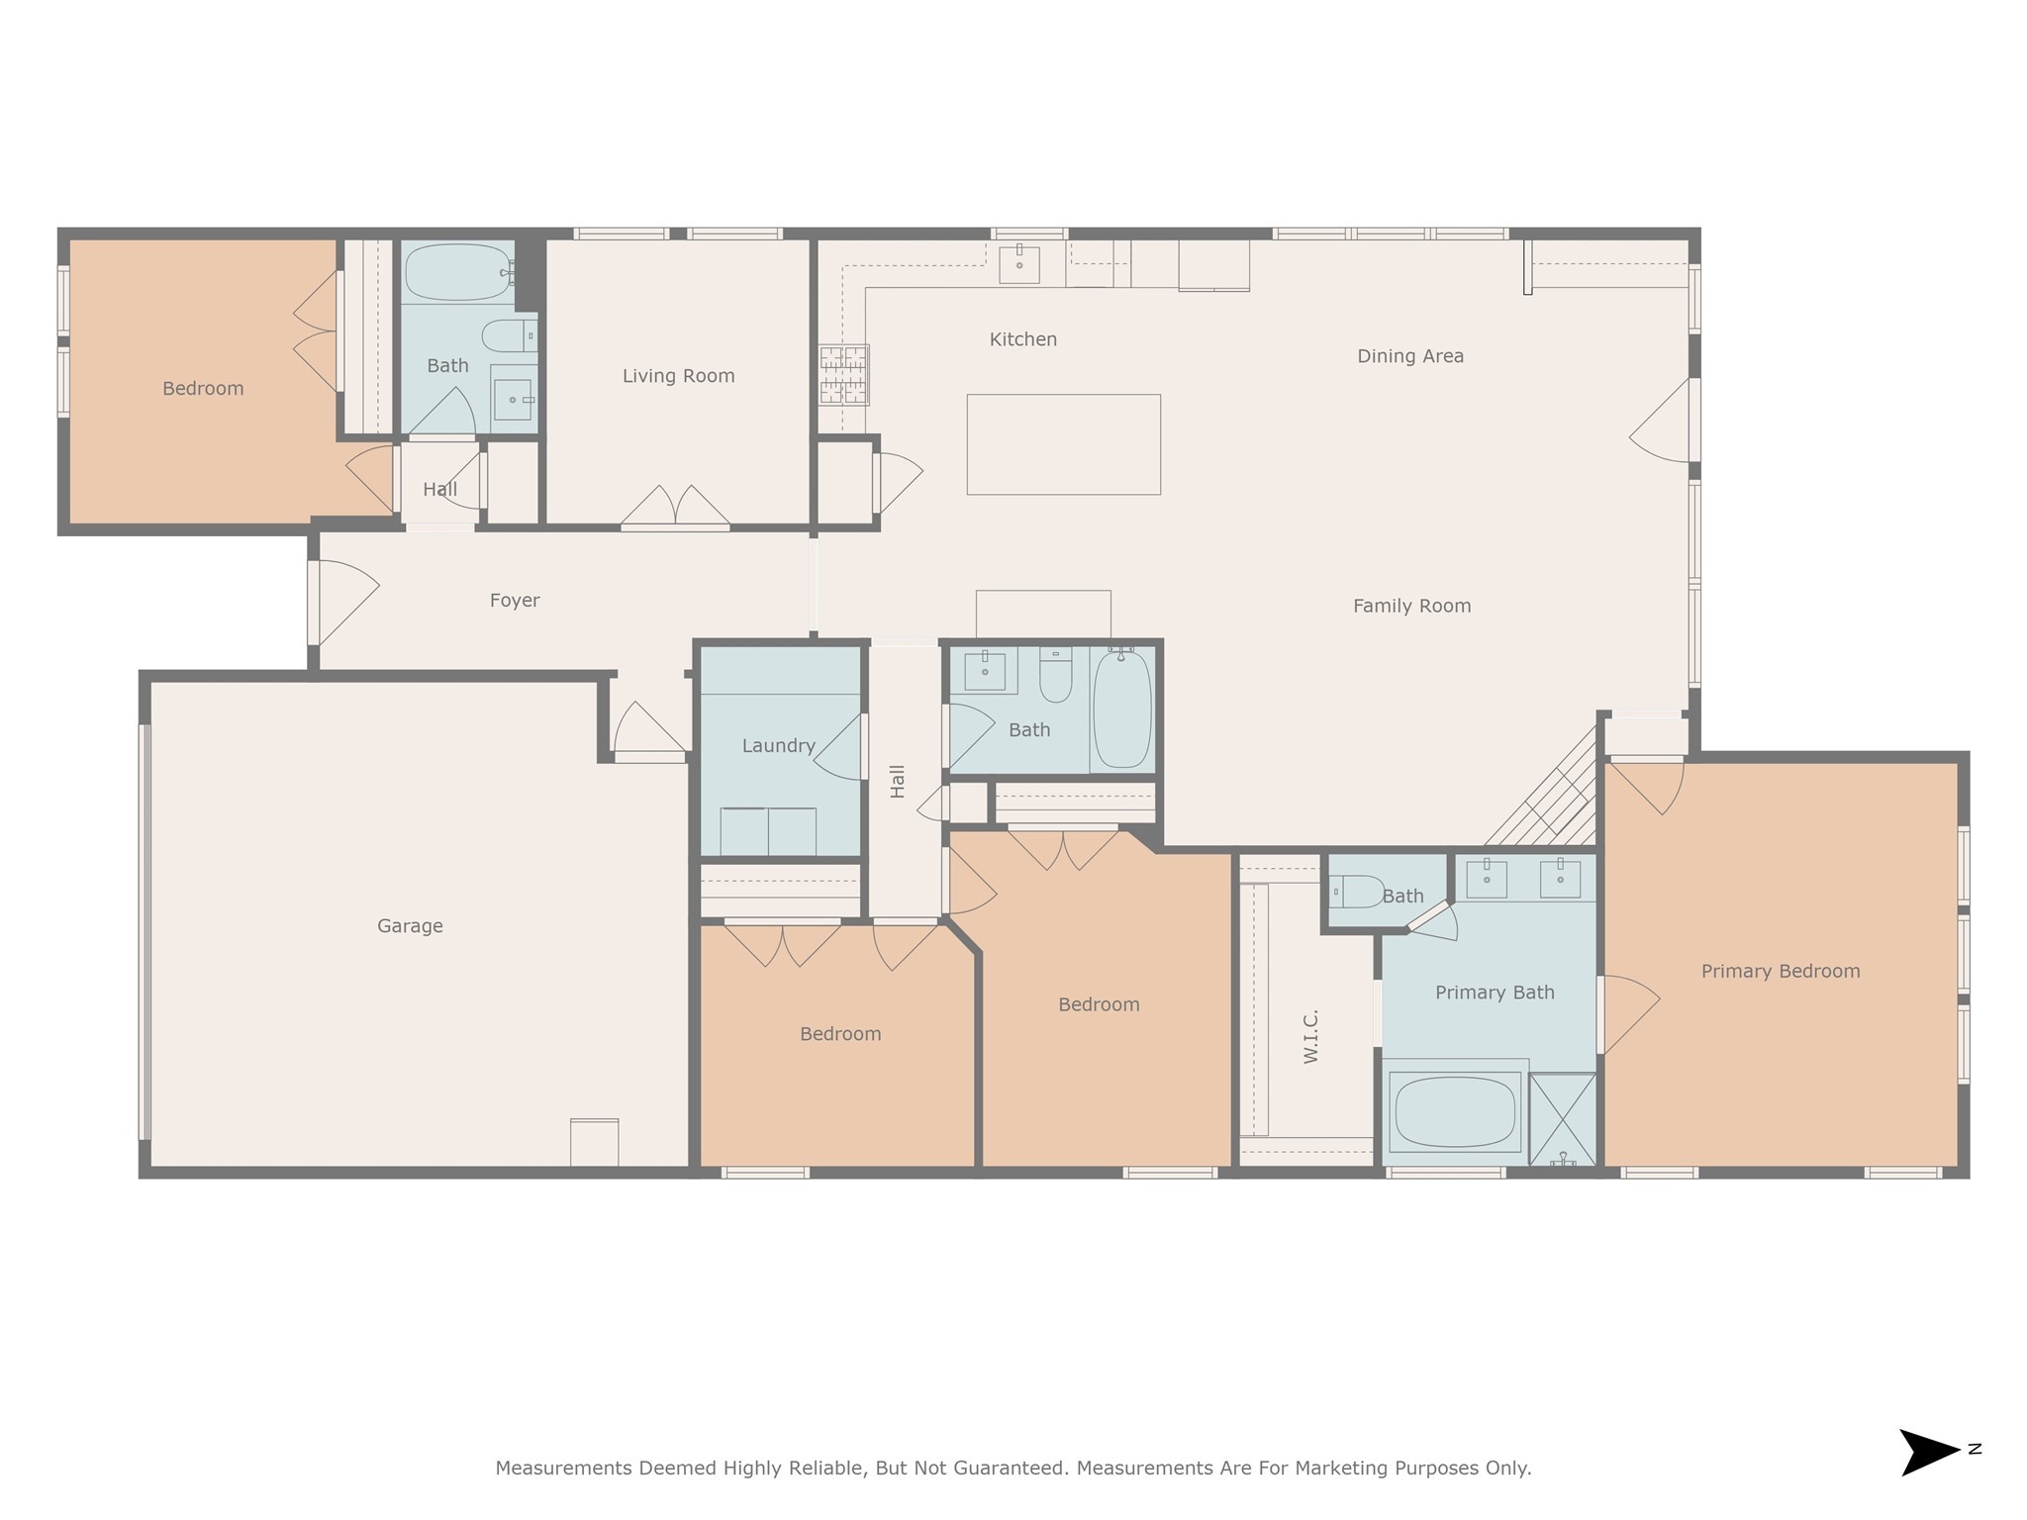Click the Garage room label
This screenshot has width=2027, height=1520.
[x=410, y=926]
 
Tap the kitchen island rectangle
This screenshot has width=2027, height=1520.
[x=1063, y=444]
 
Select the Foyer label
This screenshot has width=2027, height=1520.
[x=515, y=601]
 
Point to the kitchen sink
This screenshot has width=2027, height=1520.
[x=1018, y=264]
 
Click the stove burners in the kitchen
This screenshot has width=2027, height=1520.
[x=843, y=375]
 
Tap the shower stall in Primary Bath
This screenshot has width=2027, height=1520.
[x=1562, y=1119]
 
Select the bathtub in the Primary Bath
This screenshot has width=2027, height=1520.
[x=1455, y=1112]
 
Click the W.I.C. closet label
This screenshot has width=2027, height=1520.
[x=1311, y=1036]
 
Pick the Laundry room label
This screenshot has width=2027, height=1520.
[x=779, y=746]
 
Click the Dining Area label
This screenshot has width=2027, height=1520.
[x=1409, y=356]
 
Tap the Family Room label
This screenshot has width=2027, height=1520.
[x=1411, y=606]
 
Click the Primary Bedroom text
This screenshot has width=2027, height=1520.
[x=1780, y=972]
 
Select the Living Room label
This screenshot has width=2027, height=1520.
[x=678, y=376]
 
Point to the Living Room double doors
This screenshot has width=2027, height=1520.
[x=675, y=507]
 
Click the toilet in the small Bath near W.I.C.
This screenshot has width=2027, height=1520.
[x=1356, y=892]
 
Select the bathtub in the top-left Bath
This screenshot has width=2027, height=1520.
[x=457, y=272]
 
